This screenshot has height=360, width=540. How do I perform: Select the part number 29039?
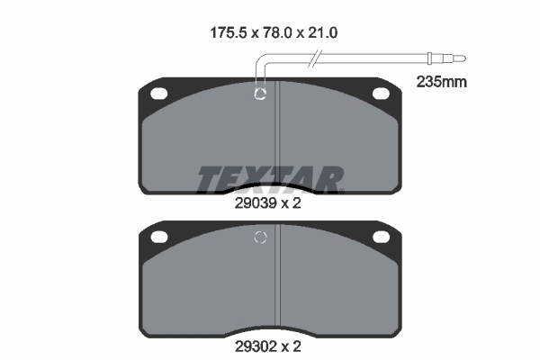[251, 202]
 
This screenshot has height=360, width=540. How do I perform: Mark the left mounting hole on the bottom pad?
[160, 237]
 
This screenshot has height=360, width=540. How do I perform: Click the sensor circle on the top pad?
[261, 94]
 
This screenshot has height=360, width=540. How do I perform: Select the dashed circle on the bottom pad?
[261, 238]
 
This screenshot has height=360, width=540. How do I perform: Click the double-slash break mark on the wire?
[313, 61]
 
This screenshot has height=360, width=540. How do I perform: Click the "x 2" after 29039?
[289, 202]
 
